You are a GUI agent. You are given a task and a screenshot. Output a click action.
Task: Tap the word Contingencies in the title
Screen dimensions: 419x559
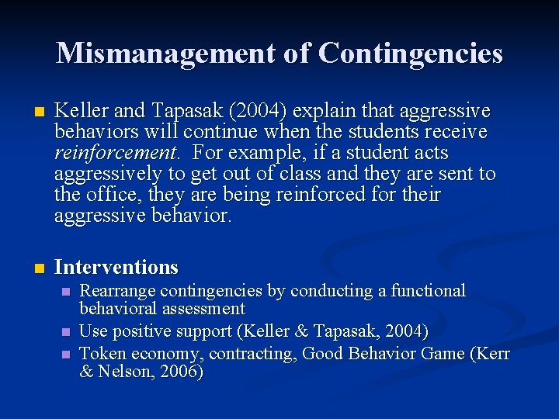[x=411, y=53]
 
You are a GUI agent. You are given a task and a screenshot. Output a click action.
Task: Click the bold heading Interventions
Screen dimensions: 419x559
[x=116, y=268]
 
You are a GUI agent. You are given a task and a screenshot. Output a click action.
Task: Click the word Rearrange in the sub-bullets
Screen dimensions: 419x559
[x=118, y=291]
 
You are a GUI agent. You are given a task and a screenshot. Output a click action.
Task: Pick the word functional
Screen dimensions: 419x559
[x=428, y=291]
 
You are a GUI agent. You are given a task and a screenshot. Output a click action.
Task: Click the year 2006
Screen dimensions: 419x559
[x=182, y=372]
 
